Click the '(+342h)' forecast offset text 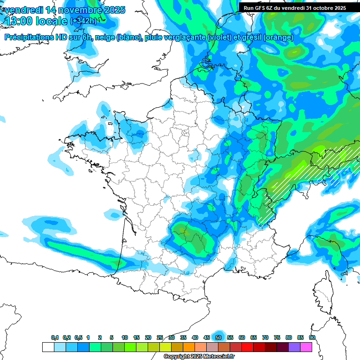tap(83, 21)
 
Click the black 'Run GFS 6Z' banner tap(294, 8)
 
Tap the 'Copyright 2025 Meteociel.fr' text tap(199, 357)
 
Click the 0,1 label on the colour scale tap(54, 337)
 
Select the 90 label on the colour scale tap(312, 337)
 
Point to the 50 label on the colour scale tap(218, 337)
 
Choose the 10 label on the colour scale tap(125, 337)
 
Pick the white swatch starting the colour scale tap(48, 347)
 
